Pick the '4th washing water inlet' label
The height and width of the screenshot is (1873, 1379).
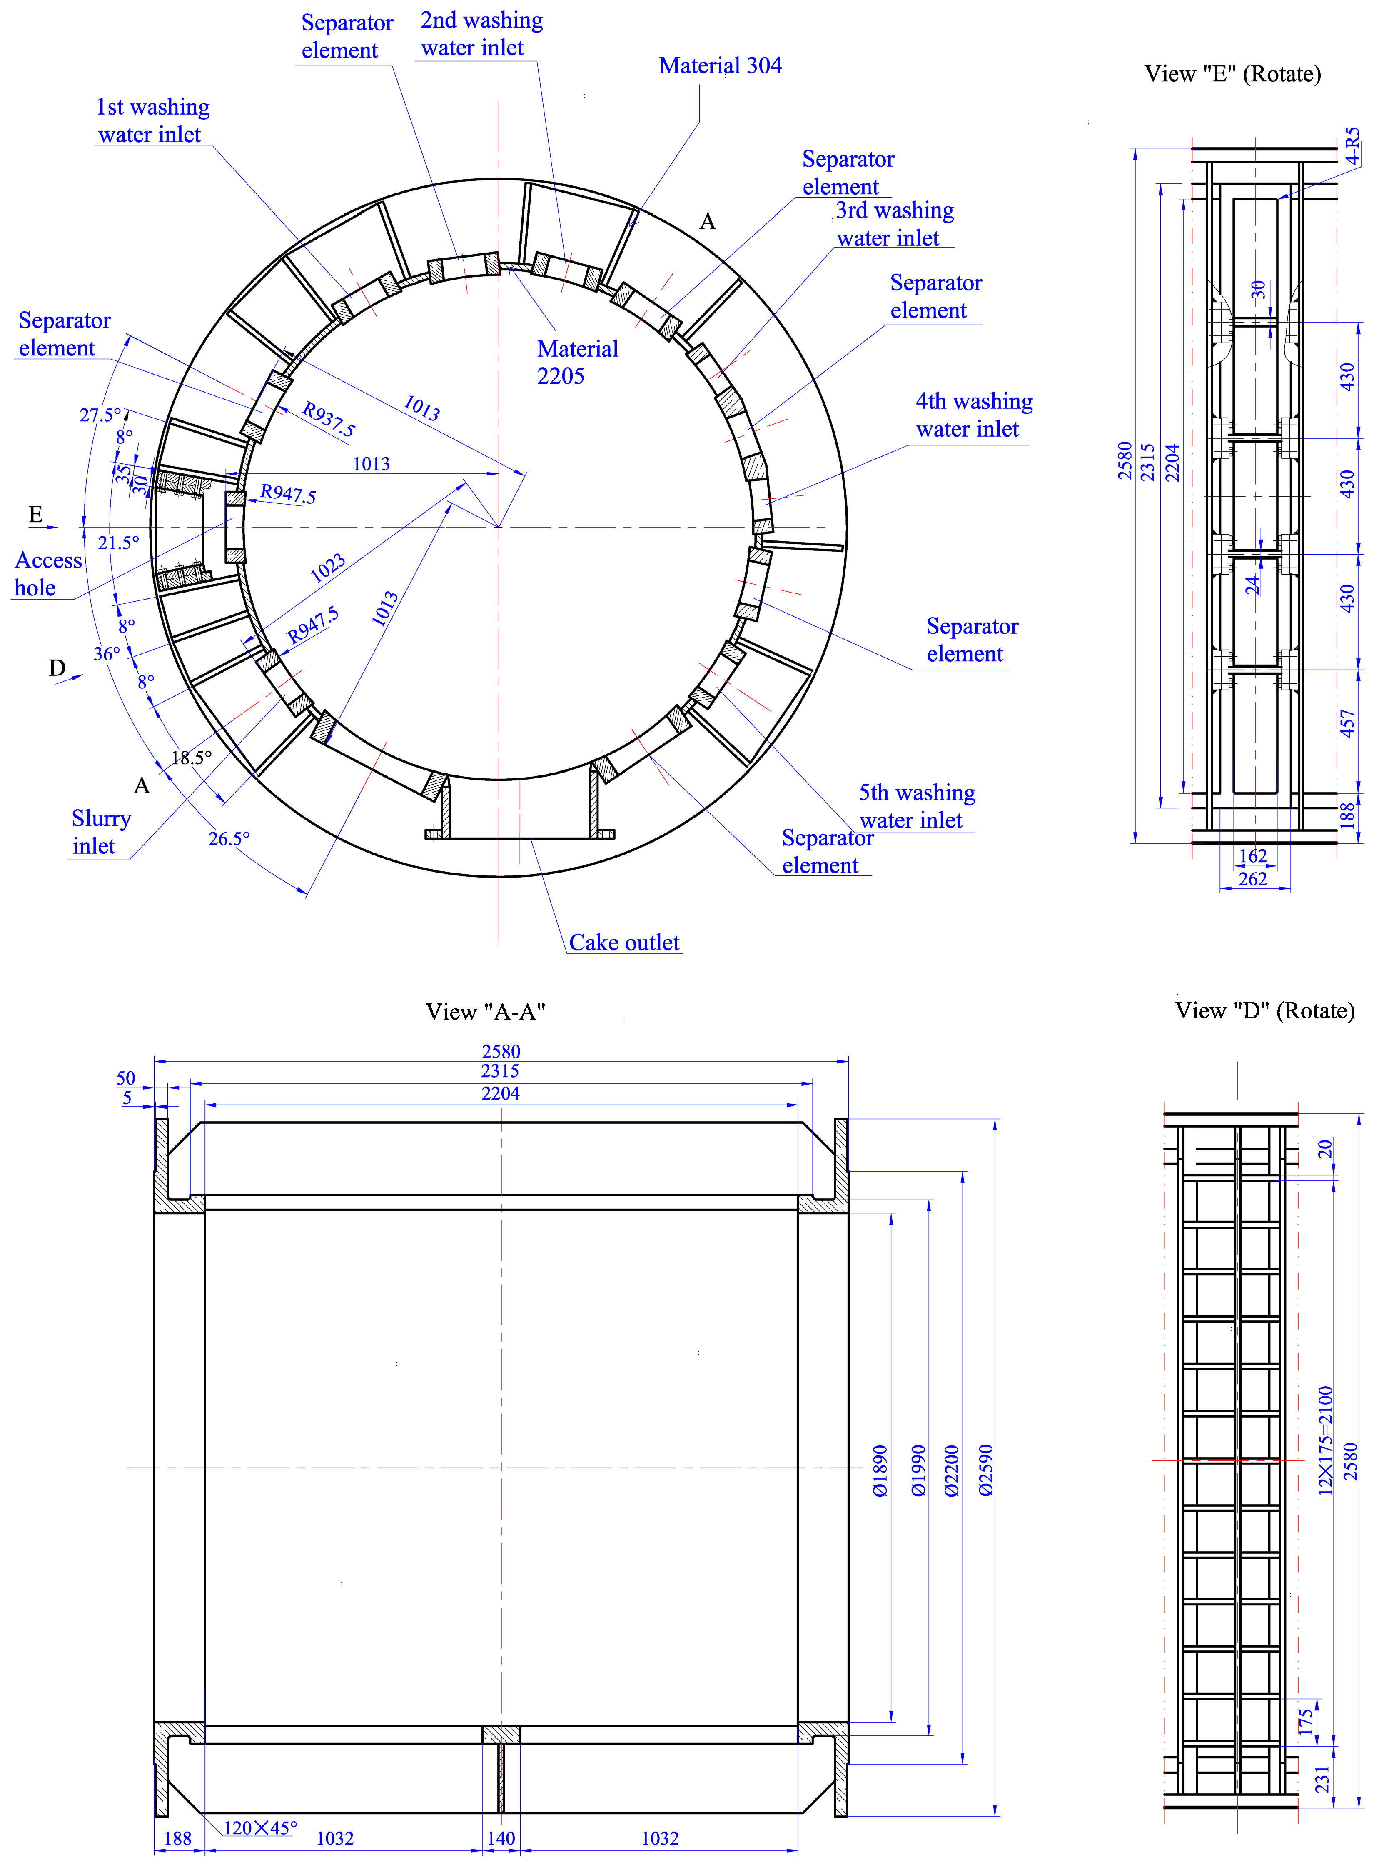pos(973,415)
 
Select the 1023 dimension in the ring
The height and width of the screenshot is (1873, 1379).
pos(327,568)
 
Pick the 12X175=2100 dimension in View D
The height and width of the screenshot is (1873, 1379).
pos(1325,1440)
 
